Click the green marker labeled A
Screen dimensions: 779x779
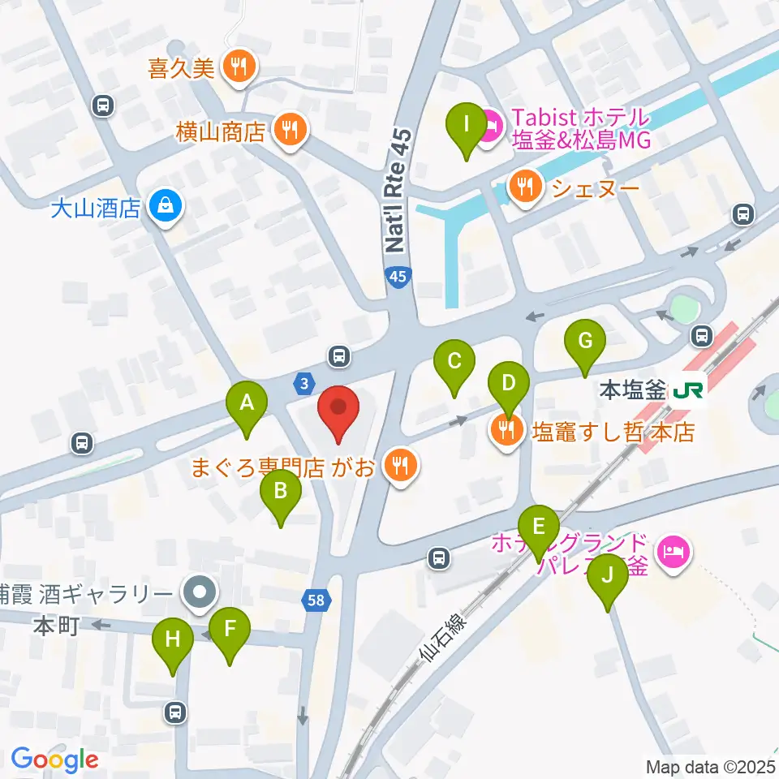point(247,402)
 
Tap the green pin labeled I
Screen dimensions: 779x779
point(466,125)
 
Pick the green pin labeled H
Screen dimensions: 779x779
point(172,639)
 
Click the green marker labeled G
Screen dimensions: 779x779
point(585,341)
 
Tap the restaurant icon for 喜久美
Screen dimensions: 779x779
point(238,67)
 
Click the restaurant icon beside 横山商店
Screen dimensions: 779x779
point(288,129)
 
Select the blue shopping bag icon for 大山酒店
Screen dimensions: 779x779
point(166,208)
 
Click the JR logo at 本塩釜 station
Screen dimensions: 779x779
point(687,391)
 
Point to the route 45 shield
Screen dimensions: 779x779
point(398,277)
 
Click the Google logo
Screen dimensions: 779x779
point(54,760)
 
